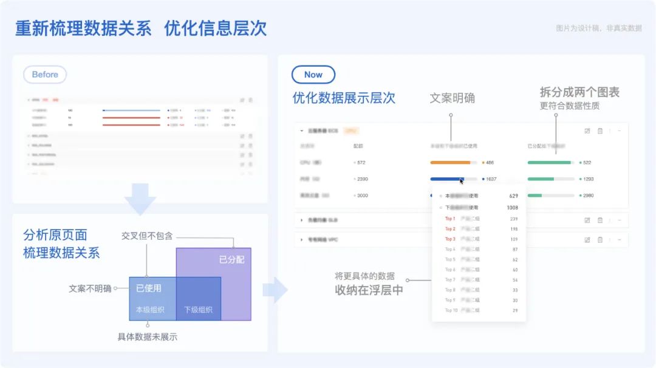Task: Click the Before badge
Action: point(45,75)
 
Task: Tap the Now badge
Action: point(313,75)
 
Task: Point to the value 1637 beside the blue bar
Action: point(491,179)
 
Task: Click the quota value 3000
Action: point(362,196)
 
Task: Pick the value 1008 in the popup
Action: point(513,207)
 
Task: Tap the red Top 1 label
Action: point(449,219)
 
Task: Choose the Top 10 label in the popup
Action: point(451,310)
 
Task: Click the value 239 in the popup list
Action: point(514,219)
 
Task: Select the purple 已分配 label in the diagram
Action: point(231,260)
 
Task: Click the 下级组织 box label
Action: point(198,310)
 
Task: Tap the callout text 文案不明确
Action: point(90,288)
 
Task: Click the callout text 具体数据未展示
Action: point(147,336)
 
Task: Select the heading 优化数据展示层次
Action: point(344,98)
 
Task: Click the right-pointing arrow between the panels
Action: point(275,290)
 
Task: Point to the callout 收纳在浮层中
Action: point(369,290)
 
